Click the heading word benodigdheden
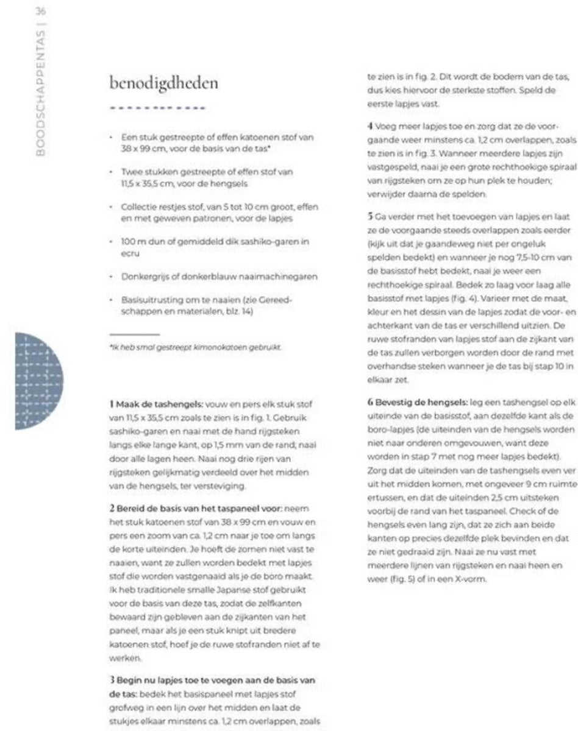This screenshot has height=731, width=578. (x=163, y=83)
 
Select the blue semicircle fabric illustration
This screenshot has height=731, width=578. (x=34, y=381)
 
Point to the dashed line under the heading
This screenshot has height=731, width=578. (x=156, y=110)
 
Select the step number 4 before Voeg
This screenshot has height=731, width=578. (x=369, y=128)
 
